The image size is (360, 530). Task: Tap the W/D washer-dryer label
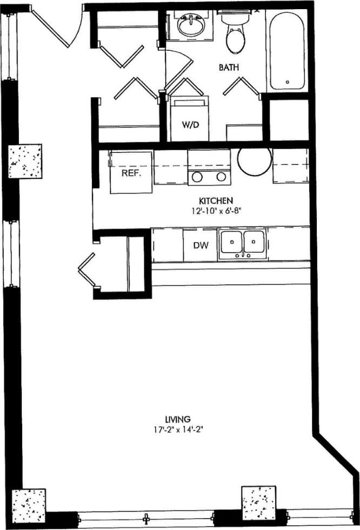click(x=190, y=125)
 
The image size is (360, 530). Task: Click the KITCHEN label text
click(x=215, y=199)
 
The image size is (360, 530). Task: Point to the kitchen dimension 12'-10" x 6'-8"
click(x=215, y=210)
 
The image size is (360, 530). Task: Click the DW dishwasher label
click(x=201, y=245)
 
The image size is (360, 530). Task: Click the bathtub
click(x=287, y=51)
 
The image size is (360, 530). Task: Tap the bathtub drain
click(x=287, y=82)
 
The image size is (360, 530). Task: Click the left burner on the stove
click(x=197, y=176)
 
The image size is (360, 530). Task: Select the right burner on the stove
click(x=221, y=176)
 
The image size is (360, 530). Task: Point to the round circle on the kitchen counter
click(x=254, y=160)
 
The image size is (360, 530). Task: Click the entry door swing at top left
click(x=54, y=27)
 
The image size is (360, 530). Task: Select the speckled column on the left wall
click(x=25, y=161)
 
